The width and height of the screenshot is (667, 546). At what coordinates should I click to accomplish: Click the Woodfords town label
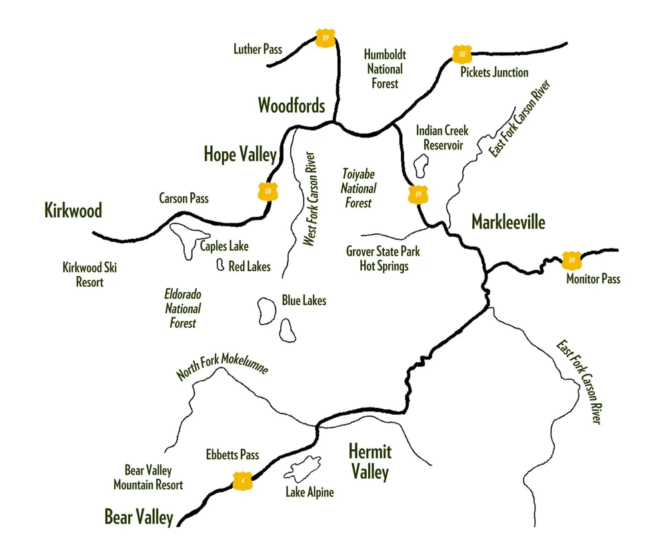[291, 105]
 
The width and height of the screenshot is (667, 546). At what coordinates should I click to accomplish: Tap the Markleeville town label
[508, 221]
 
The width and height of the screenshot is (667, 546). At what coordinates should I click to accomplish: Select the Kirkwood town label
[73, 211]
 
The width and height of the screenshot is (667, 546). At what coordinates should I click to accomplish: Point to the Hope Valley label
[240, 155]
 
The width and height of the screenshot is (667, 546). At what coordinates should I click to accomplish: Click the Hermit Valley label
[370, 462]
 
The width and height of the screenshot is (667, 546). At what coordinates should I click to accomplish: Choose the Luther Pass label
[257, 49]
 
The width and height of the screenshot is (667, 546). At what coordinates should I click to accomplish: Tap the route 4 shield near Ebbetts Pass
[242, 480]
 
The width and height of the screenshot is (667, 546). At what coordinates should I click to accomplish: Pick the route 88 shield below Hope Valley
[268, 192]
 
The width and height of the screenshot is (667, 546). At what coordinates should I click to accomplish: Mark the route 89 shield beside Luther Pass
[325, 37]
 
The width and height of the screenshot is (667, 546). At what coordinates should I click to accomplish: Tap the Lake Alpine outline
[304, 469]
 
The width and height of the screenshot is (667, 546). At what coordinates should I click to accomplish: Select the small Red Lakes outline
[219, 265]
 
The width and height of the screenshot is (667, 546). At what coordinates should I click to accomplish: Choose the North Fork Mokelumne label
[222, 365]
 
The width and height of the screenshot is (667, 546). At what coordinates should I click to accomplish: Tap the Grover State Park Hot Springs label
[383, 259]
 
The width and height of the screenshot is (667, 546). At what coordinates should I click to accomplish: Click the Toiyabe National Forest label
[359, 188]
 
